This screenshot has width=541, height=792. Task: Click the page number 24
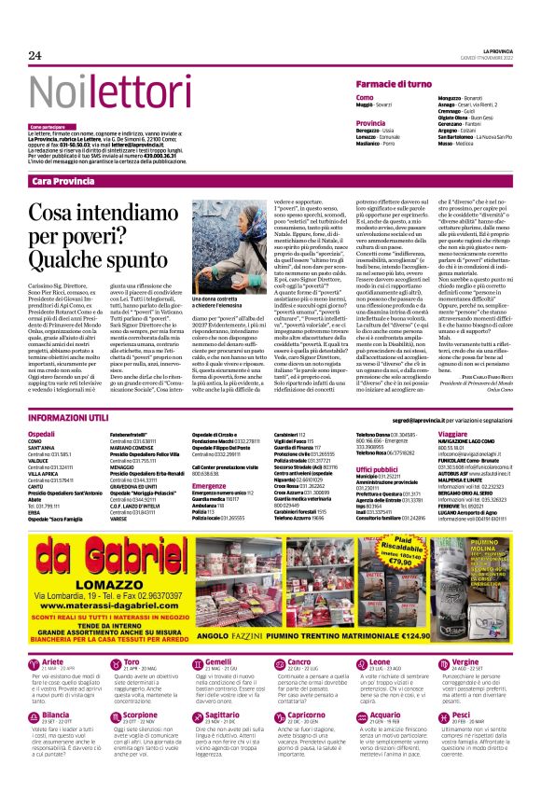click(35, 55)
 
